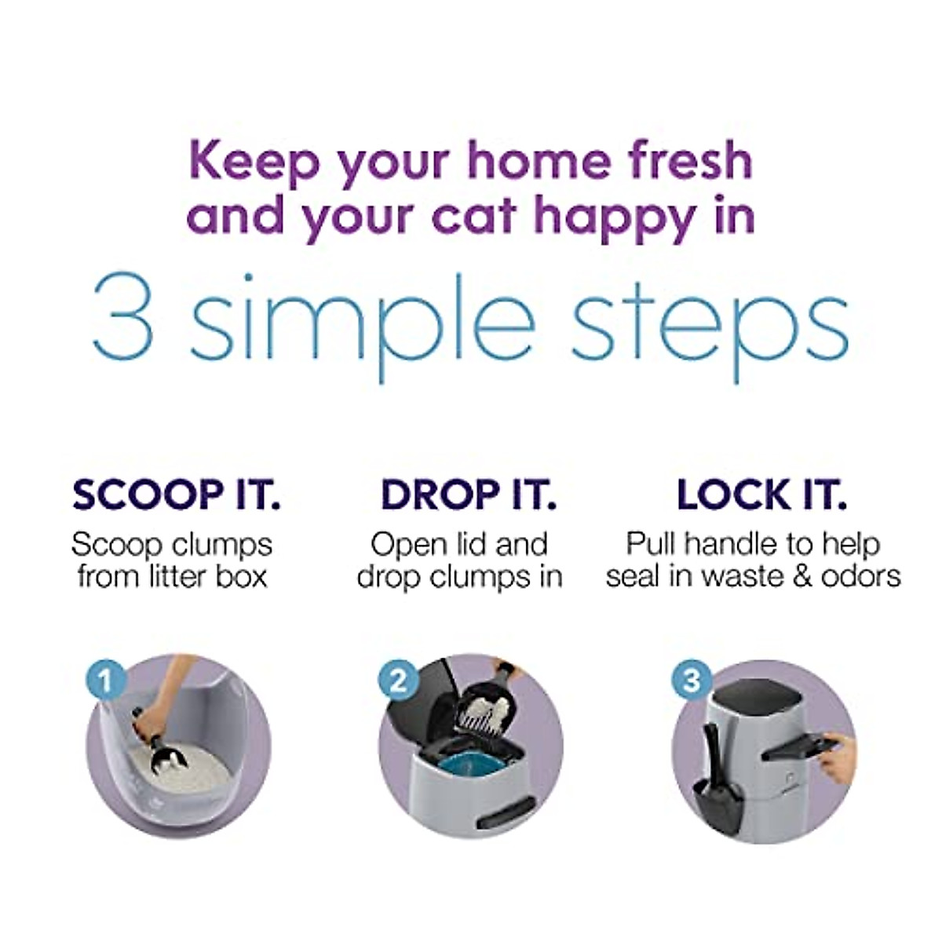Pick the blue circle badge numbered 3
691,679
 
